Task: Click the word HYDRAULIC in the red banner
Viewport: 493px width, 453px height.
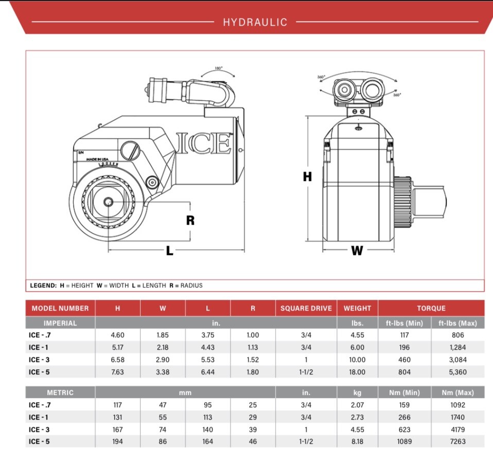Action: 255,22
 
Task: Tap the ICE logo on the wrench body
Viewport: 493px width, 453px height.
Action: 204,143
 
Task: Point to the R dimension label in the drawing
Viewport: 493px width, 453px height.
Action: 190,220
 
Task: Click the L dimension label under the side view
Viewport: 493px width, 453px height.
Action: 169,250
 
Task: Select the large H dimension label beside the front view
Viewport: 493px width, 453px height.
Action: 307,176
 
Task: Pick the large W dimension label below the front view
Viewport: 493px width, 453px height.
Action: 357,250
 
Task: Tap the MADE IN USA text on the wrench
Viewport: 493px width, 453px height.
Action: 98,159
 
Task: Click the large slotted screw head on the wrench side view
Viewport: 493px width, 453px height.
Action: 131,151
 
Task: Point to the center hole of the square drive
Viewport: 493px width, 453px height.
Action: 108,202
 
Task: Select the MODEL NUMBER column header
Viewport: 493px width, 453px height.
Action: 60,309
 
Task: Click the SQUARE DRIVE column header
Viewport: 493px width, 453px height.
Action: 306,309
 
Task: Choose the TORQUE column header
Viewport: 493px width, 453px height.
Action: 431,309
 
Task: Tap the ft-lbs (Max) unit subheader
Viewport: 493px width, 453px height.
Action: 457,323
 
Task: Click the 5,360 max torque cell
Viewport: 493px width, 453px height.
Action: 457,372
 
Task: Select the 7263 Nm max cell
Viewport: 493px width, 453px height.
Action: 457,442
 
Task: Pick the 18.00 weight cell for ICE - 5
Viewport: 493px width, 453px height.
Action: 357,372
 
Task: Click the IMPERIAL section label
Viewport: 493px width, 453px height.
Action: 60,323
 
